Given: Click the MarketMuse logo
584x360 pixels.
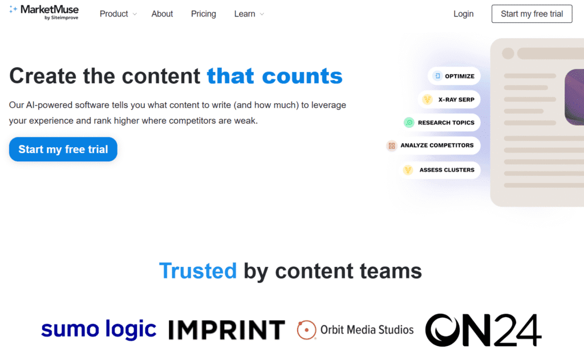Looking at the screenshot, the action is pyautogui.click(x=44, y=13).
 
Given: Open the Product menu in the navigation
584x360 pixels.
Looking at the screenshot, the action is pyautogui.click(x=118, y=14).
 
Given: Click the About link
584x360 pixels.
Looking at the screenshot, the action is pyautogui.click(x=162, y=14).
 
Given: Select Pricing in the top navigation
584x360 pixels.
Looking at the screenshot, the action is pyautogui.click(x=204, y=14).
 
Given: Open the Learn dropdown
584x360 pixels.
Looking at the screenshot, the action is pyautogui.click(x=249, y=14).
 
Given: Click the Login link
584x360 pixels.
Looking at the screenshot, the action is pyautogui.click(x=463, y=14).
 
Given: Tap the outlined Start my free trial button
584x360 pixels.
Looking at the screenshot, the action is pyautogui.click(x=532, y=14).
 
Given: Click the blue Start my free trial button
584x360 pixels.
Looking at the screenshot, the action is pyautogui.click(x=63, y=149).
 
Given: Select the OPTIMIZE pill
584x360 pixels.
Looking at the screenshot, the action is pyautogui.click(x=454, y=76).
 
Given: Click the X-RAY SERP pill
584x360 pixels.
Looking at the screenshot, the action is pyautogui.click(x=449, y=99).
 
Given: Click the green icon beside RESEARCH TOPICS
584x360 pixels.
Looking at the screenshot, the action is pyautogui.click(x=409, y=122).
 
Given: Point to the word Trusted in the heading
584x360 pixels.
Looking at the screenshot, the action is pyautogui.click(x=198, y=270).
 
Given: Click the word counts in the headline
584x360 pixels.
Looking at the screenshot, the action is pyautogui.click(x=302, y=76).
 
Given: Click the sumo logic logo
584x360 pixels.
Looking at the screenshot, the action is pyautogui.click(x=99, y=329).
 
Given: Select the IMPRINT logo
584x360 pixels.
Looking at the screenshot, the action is pyautogui.click(x=227, y=330).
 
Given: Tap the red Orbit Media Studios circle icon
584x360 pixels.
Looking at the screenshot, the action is pyautogui.click(x=306, y=330).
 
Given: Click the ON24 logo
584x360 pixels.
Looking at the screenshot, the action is pyautogui.click(x=484, y=330).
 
